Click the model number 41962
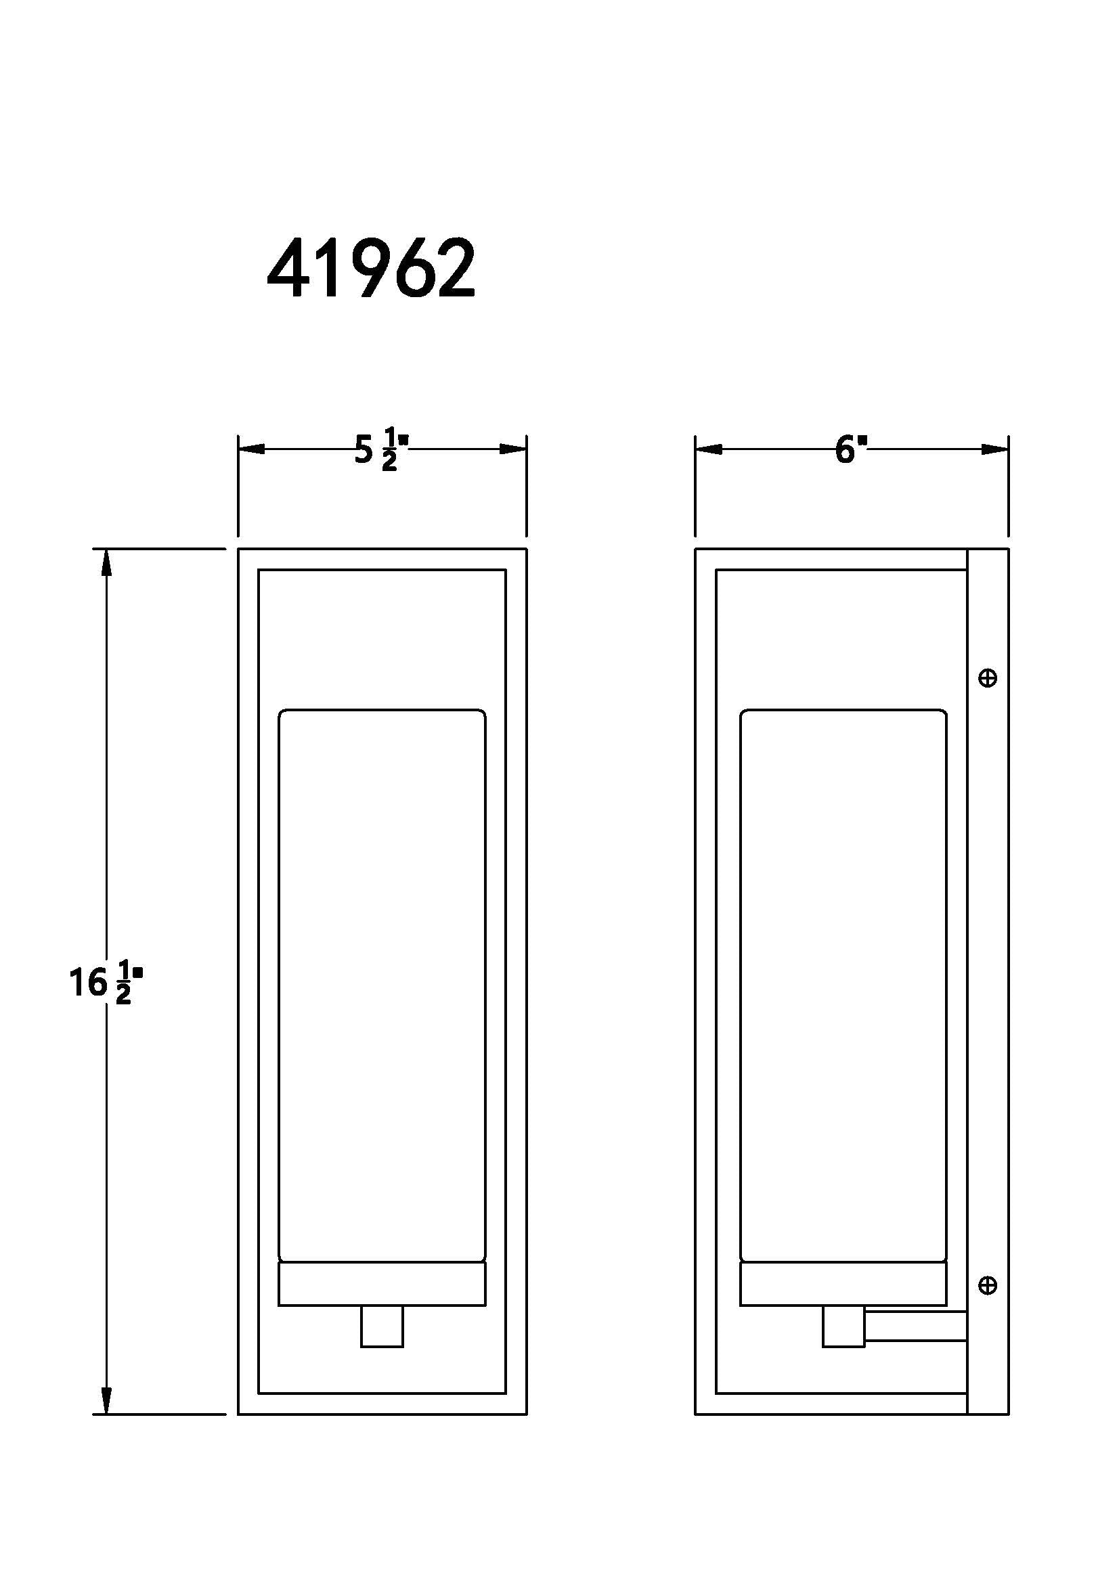(371, 268)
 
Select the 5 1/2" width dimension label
(381, 449)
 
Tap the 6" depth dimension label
(851, 449)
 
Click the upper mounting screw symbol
(988, 678)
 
